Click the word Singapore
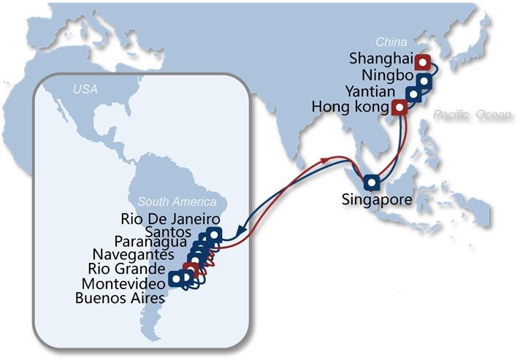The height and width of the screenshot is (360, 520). (x=378, y=199)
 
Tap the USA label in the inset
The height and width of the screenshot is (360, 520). (x=85, y=90)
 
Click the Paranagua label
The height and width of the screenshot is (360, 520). (x=151, y=242)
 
